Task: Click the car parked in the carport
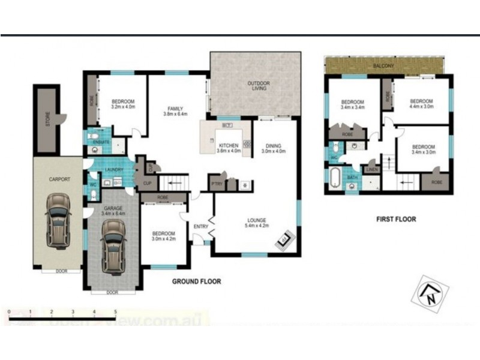tap(57, 221)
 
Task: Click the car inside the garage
tap(113, 245)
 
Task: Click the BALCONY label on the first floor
tap(383, 66)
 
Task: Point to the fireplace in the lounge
tap(282, 241)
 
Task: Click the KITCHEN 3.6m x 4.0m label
tap(229, 148)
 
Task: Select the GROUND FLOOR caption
tap(196, 281)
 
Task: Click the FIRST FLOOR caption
tap(396, 219)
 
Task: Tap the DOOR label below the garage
tap(112, 293)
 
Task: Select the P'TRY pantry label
tap(215, 183)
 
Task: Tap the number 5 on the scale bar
tap(115, 312)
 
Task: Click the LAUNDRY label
tap(113, 170)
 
